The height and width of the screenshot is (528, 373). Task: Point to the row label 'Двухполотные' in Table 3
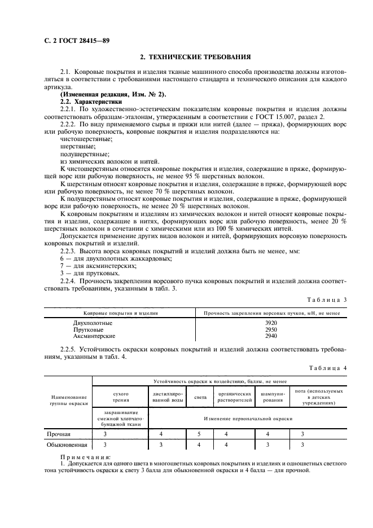pos(93,323)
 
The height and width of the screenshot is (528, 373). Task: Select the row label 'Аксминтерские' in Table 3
pos(95,335)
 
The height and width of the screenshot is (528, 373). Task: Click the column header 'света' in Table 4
pos(200,397)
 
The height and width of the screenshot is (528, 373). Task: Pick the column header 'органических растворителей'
pos(234,397)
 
